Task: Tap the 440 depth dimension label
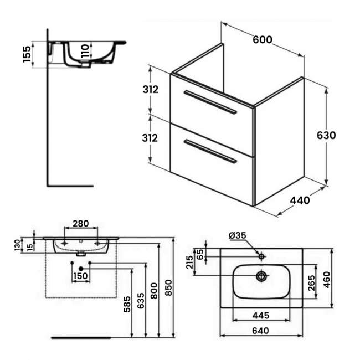click(x=300, y=200)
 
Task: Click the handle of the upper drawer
click(x=210, y=102)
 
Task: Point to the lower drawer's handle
click(x=210, y=152)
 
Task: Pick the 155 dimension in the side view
click(x=27, y=54)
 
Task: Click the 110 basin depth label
click(x=85, y=52)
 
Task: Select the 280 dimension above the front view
click(x=81, y=224)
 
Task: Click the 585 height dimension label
click(x=127, y=304)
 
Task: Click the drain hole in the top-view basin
click(x=261, y=275)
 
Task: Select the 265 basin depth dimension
click(x=311, y=282)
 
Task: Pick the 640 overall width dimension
click(x=261, y=331)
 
